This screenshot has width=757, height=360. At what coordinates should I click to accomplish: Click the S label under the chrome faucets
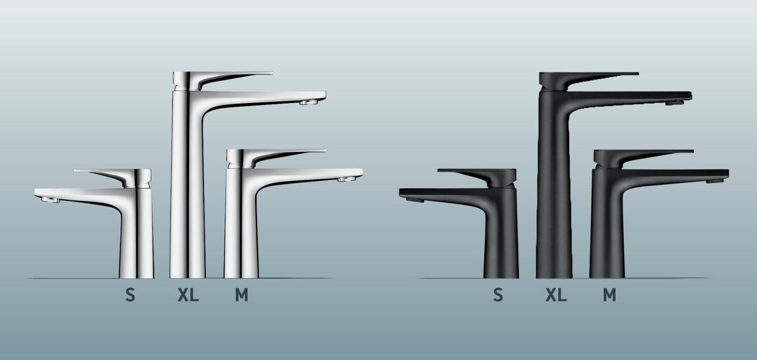pos(130,295)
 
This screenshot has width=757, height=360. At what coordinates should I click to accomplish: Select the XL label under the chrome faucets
pos(188,295)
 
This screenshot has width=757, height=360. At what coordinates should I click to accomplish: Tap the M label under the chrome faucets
pos(242,295)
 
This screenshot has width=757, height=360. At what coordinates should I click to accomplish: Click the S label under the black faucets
pos(498,295)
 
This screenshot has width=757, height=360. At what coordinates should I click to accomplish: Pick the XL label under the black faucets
pos(556,295)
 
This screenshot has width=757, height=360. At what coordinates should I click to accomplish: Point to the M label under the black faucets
pos(610,295)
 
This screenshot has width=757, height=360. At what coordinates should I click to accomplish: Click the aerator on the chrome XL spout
pos(308,102)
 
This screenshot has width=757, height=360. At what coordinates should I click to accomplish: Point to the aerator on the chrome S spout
pos(50,200)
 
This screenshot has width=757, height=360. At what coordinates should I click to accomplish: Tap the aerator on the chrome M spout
pos(347,179)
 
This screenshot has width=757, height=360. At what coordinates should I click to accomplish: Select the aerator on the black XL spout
pos(674,103)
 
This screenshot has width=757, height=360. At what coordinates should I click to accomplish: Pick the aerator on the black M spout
pos(714,180)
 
